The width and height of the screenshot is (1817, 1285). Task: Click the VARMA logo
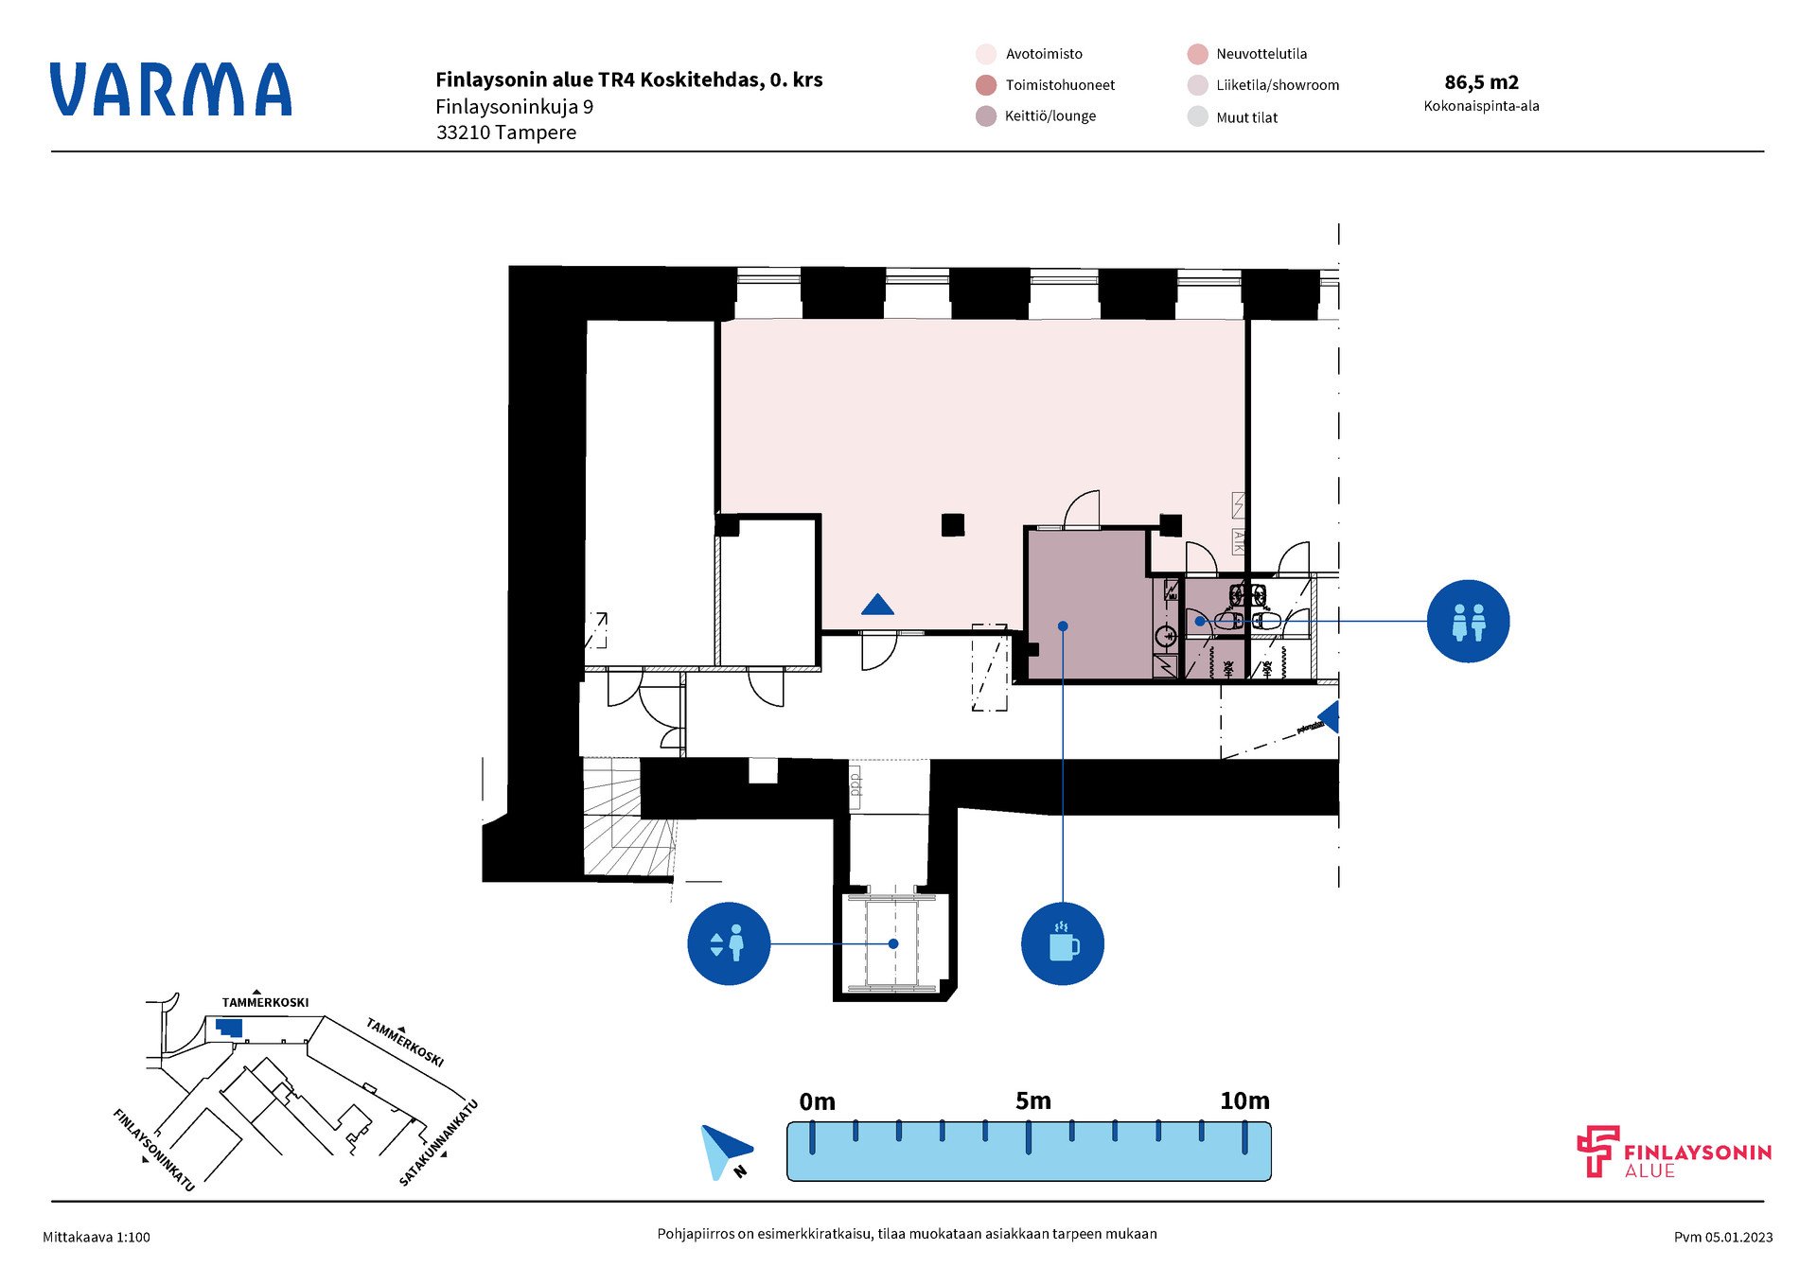click(x=170, y=90)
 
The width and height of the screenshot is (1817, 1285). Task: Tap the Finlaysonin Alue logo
click(x=1673, y=1153)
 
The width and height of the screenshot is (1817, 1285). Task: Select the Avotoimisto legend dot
click(x=986, y=54)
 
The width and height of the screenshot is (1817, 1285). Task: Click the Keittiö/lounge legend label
click(x=1050, y=116)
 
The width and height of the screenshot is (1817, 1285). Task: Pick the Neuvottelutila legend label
click(x=1261, y=54)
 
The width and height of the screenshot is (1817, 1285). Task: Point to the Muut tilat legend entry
click(x=1246, y=117)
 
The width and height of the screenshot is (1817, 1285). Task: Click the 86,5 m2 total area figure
click(x=1481, y=82)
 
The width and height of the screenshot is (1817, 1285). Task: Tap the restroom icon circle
click(x=1468, y=622)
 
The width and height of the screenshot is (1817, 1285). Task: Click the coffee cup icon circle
click(x=1063, y=944)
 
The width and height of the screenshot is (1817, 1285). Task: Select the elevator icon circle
click(x=729, y=944)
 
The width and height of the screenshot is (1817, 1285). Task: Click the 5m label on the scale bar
click(x=1032, y=1101)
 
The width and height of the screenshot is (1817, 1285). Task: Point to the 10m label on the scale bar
click(x=1244, y=1101)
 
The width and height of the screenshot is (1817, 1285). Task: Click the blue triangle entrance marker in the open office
click(x=878, y=605)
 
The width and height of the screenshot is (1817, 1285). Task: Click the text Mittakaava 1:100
click(x=97, y=1237)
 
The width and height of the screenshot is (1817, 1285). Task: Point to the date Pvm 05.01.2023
click(x=1723, y=1237)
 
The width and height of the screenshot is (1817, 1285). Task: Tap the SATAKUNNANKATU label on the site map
click(x=439, y=1143)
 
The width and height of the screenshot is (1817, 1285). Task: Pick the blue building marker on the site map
click(x=229, y=1028)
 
